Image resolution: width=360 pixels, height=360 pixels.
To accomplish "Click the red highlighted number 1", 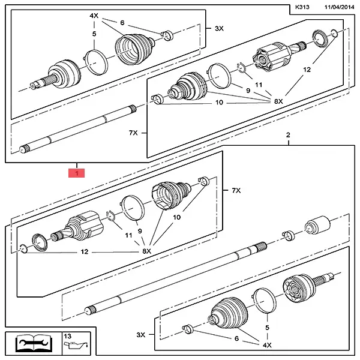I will click(77, 173).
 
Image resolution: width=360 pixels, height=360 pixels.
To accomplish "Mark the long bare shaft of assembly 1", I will click(78, 130).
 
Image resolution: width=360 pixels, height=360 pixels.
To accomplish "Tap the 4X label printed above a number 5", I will click(94, 15).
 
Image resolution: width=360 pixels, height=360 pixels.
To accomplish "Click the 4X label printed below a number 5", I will click(266, 346).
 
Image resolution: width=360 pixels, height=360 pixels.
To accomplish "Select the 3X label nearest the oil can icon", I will click(140, 334).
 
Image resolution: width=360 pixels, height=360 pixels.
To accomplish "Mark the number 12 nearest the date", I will click(307, 70).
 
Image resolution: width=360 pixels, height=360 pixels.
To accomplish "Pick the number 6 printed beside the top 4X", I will click(122, 23).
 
